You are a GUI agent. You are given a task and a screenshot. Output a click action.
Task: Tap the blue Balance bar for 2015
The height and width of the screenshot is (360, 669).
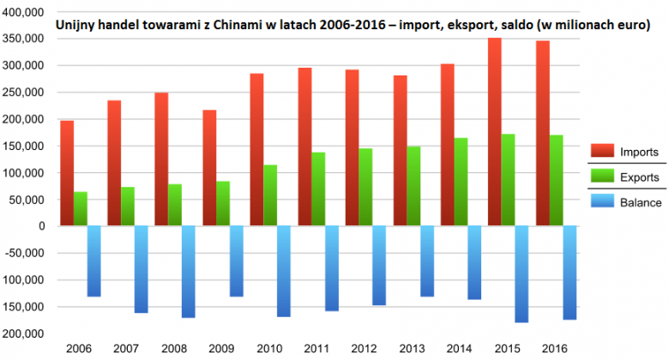click(521, 274)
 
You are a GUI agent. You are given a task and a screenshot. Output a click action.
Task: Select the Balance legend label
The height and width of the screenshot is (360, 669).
click(640, 202)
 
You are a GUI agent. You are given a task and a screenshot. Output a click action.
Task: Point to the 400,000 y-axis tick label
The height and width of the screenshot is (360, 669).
click(23, 12)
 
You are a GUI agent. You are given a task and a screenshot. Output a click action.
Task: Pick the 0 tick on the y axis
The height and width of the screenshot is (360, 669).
click(40, 226)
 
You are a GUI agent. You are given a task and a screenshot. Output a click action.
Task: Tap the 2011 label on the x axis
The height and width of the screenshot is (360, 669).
click(317, 350)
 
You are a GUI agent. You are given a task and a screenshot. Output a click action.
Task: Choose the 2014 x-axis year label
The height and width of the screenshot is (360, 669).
click(460, 350)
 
